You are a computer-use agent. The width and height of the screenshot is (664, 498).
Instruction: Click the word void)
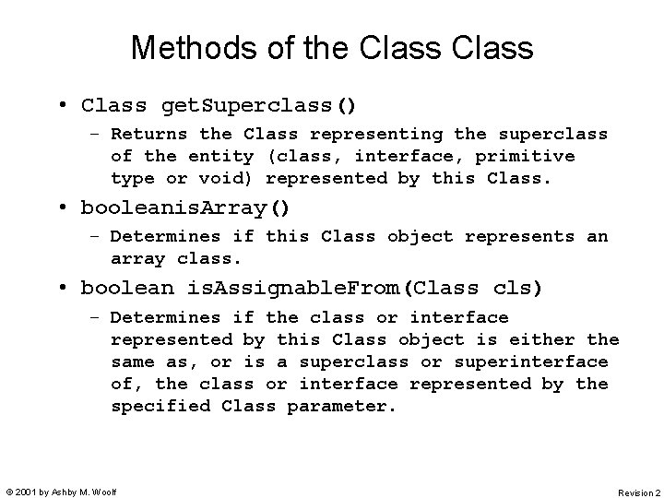pyautogui.click(x=220, y=179)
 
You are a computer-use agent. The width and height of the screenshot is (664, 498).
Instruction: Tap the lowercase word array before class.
pyautogui.click(x=137, y=259)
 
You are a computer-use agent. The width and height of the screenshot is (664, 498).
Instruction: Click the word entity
pyautogui.click(x=220, y=157)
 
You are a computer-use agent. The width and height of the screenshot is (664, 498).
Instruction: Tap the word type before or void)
pyautogui.click(x=132, y=179)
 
